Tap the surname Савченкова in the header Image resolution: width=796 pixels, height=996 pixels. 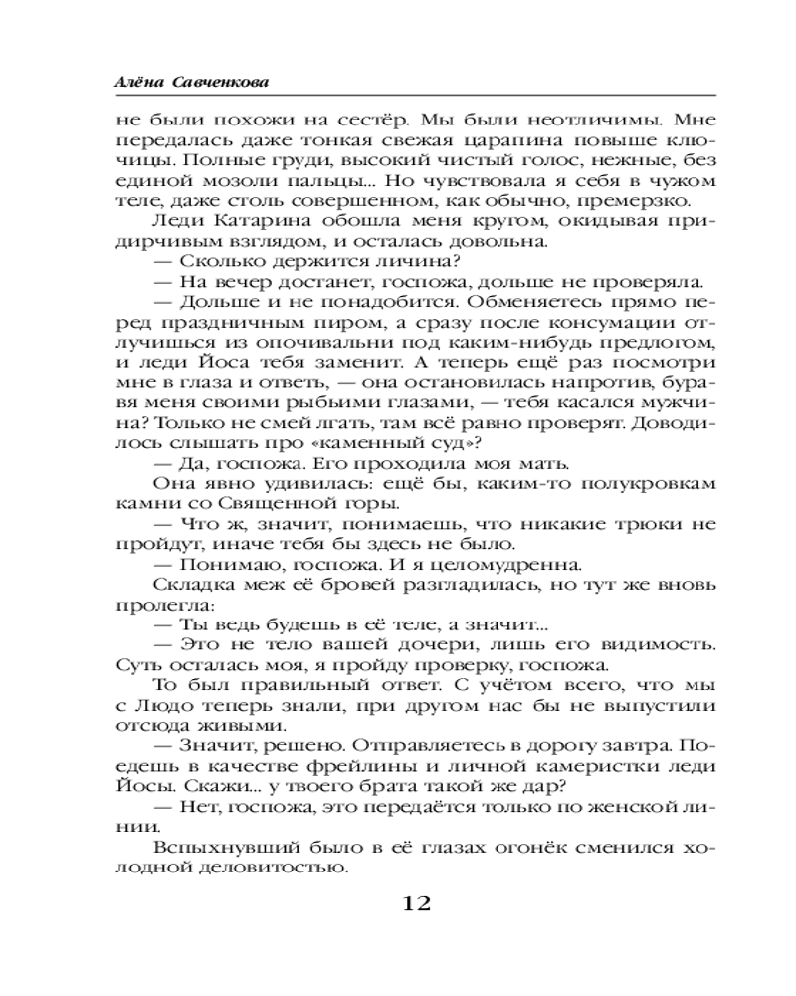click(x=217, y=80)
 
